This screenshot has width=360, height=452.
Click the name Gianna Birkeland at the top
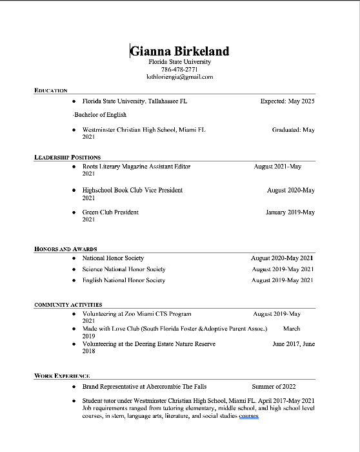pos(180,51)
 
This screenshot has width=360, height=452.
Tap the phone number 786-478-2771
pos(179,69)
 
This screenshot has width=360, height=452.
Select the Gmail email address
pos(180,76)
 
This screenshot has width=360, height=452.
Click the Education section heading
pos(51,90)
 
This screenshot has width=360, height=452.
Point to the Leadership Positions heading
pos(67,157)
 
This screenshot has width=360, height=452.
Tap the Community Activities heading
pos(68,304)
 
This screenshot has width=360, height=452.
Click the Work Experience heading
pos(62,375)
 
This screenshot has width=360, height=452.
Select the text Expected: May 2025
pos(287,101)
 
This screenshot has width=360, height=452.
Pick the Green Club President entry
pos(110,212)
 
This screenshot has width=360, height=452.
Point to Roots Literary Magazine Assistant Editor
pos(136,167)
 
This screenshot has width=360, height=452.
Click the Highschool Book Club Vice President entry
pos(132,190)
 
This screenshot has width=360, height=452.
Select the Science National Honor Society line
pos(124,269)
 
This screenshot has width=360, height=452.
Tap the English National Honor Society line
pos(124,280)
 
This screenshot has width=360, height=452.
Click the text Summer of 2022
pos(274,387)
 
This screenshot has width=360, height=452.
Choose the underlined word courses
pos(248,416)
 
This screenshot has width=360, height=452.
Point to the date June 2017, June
pos(294,344)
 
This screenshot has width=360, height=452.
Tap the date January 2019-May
pos(290,212)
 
